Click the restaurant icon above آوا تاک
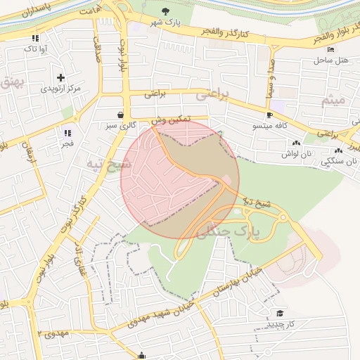[x=35, y=38]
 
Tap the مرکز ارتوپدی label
[x=60, y=89]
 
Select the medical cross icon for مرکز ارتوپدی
[x=60, y=77]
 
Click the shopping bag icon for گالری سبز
[x=121, y=114]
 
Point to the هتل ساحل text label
[x=331, y=61]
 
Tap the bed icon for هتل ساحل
[x=331, y=50]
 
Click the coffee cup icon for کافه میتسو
[x=269, y=115]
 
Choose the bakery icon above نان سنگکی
[x=339, y=150]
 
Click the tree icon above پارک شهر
[x=165, y=11]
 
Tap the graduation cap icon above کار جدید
[x=280, y=313]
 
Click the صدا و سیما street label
[x=271, y=74]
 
